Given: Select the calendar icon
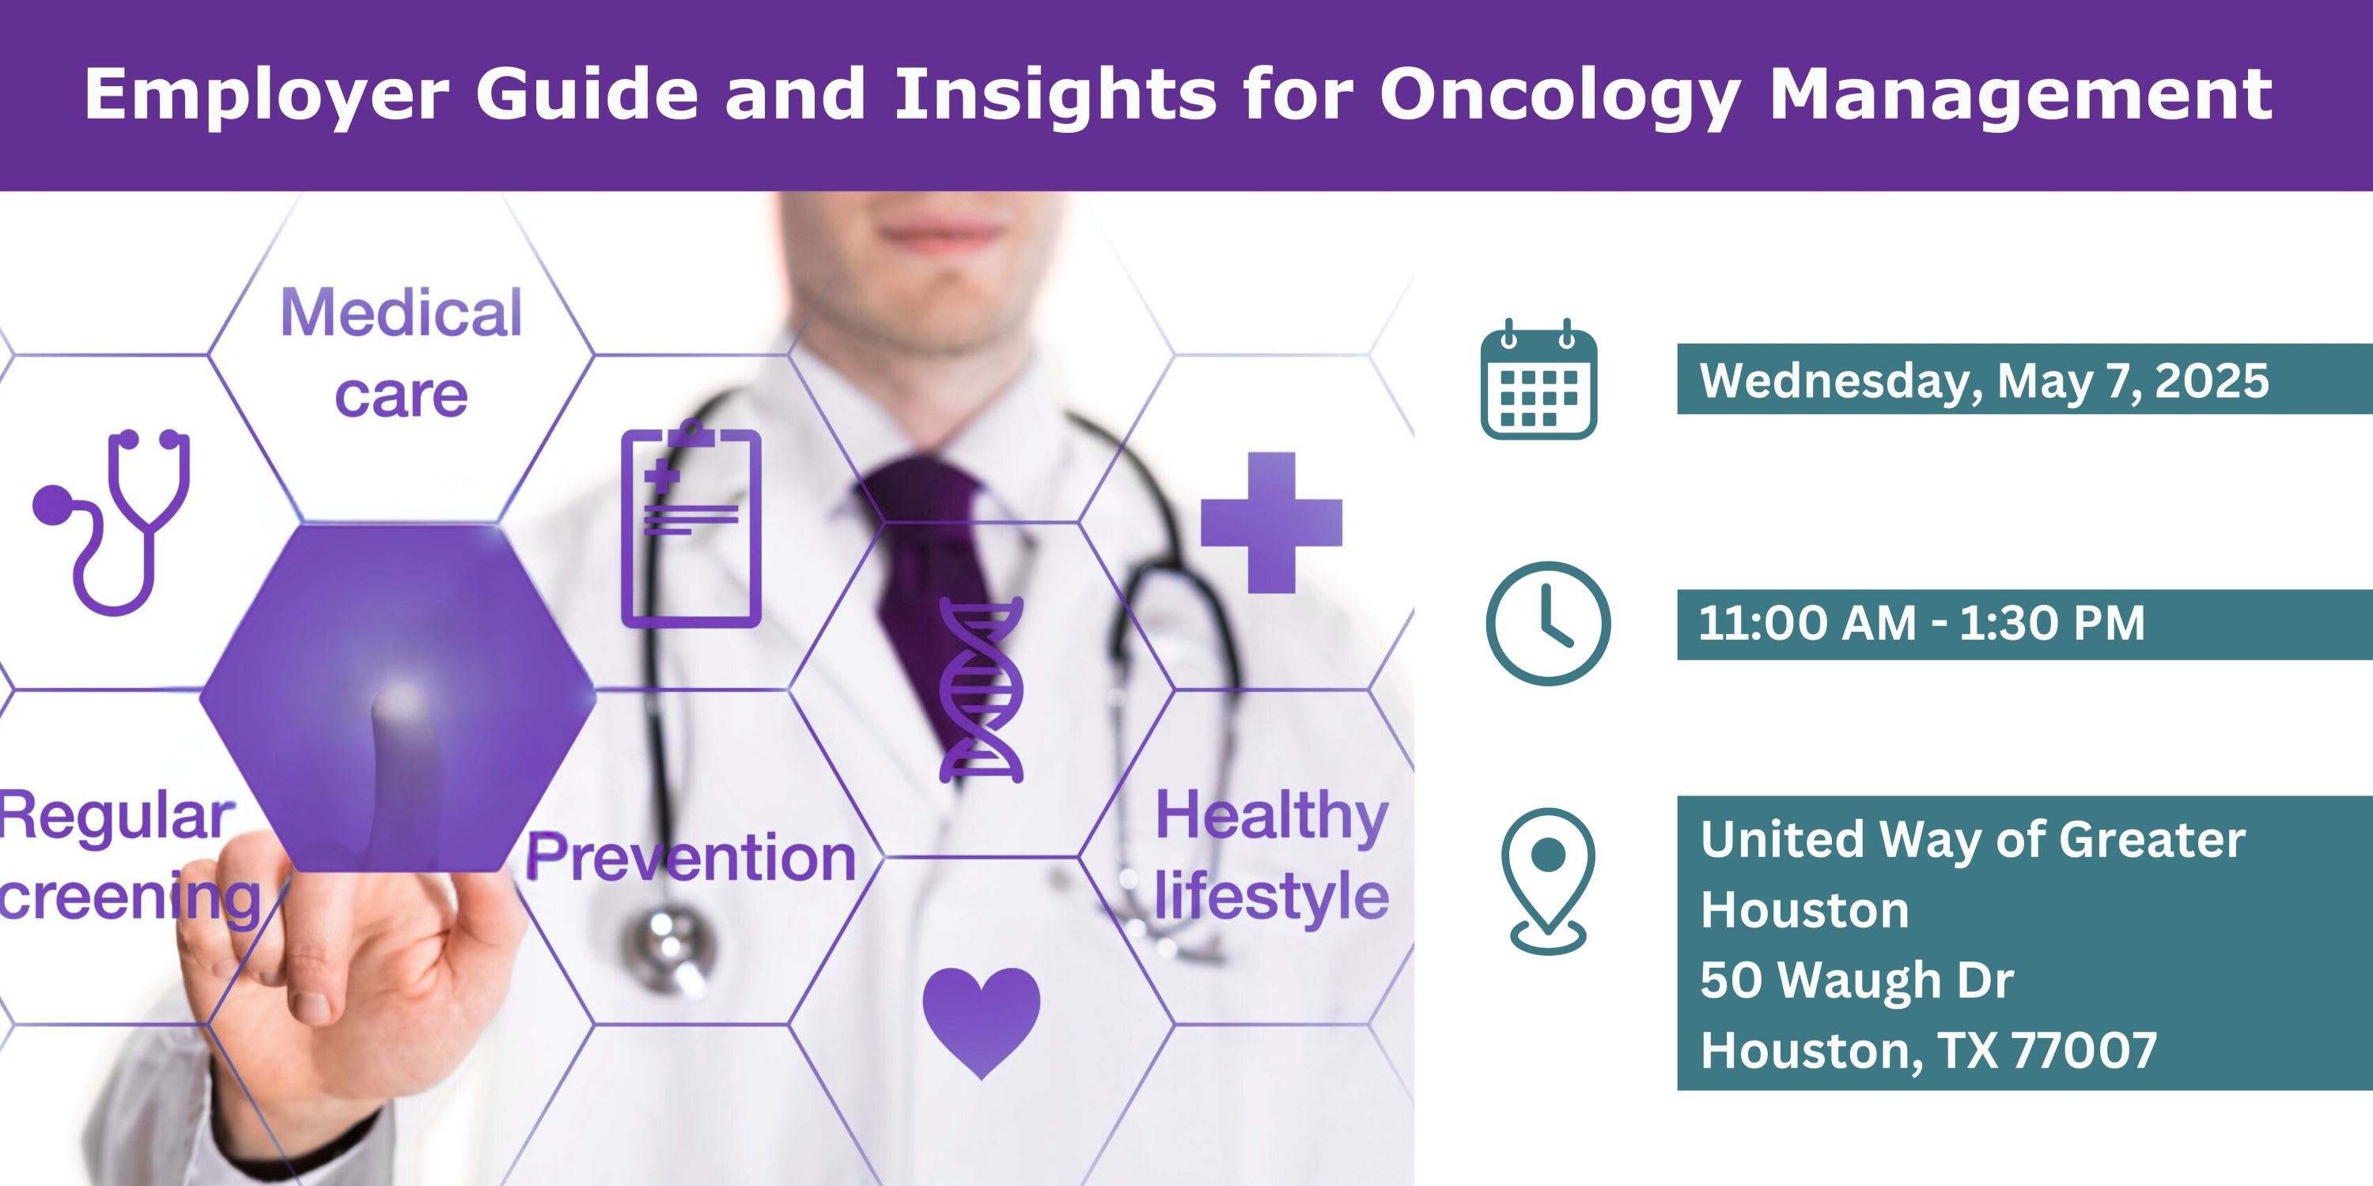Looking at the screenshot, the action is (x=1538, y=380).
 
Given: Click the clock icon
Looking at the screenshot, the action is (x=1549, y=623).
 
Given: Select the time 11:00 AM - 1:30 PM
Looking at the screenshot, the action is (x=1921, y=623).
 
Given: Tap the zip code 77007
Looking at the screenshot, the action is (x=2083, y=1050).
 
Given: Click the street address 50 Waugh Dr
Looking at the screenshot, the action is (x=1857, y=979).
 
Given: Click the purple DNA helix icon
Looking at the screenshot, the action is (x=981, y=689).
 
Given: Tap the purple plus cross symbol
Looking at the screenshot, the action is (x=1271, y=522).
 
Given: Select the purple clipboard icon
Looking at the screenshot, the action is (x=691, y=525).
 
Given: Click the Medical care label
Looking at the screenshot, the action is (x=402, y=353).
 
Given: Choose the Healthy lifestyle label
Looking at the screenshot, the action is (x=1272, y=856).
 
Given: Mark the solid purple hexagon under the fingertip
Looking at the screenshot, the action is (x=398, y=697).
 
